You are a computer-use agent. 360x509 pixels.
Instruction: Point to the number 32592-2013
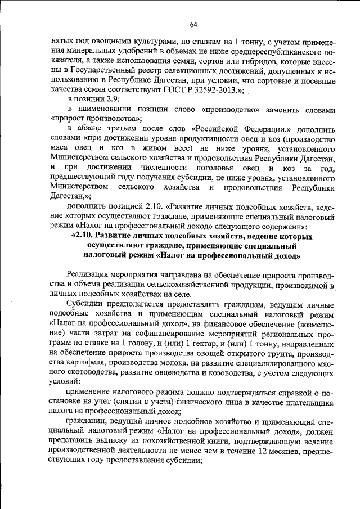click(x=215, y=89)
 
